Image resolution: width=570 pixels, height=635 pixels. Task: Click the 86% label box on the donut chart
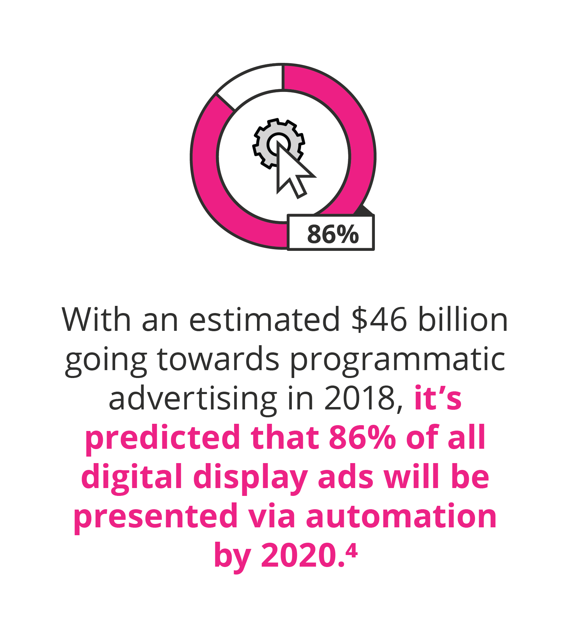point(331,233)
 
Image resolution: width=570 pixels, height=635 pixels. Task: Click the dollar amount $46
point(379,320)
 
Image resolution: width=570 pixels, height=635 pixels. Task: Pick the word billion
point(463,320)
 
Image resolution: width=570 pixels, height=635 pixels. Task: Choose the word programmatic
point(398,361)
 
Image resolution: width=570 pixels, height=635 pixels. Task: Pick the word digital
point(132,478)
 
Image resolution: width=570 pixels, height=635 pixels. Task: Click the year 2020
point(302,556)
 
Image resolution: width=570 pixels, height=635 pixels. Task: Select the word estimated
point(265,320)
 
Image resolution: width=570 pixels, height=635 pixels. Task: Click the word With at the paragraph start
point(96,320)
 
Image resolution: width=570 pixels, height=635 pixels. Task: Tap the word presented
point(156,517)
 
